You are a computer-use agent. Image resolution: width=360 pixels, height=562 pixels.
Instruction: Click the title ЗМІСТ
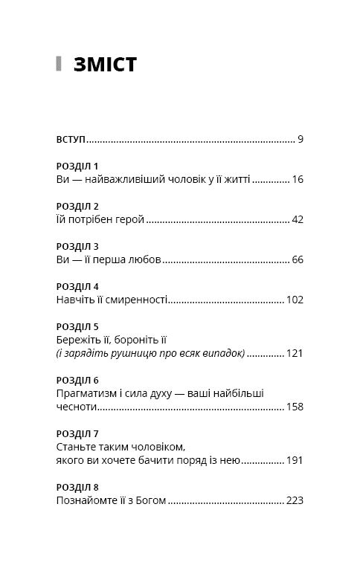tap(105, 65)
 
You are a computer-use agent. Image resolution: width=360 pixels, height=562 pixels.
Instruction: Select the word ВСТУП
tap(71, 139)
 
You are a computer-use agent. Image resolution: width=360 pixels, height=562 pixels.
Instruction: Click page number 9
tap(300, 139)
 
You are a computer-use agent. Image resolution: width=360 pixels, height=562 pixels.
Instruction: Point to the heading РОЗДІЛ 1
tap(77, 166)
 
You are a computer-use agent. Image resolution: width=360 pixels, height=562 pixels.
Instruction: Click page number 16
tap(298, 179)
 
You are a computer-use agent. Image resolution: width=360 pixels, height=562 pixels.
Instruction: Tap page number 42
tap(298, 219)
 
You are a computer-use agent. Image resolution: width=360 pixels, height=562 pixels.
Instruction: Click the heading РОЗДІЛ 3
tap(77, 246)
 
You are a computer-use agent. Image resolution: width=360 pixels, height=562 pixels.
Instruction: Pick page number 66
tap(298, 260)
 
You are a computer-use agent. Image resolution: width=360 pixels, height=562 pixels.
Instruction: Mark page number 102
tap(295, 300)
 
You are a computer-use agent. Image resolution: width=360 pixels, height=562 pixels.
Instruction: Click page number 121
tap(295, 354)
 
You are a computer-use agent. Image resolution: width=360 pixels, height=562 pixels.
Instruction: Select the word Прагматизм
tap(87, 393)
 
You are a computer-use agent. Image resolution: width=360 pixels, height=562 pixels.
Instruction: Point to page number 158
tap(295, 407)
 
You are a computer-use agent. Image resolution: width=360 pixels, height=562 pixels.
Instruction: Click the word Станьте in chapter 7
tap(77, 448)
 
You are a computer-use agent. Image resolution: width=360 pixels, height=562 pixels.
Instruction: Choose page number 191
tap(295, 461)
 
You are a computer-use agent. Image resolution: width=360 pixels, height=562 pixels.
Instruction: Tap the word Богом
tap(149, 502)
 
